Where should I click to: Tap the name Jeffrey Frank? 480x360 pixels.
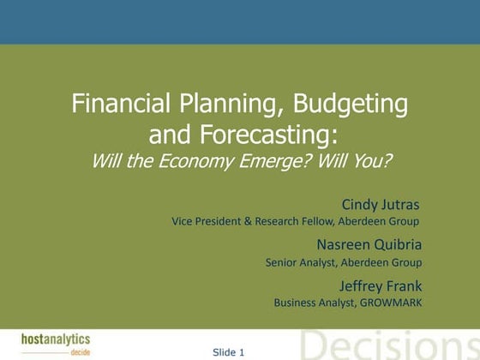pyautogui.click(x=381, y=285)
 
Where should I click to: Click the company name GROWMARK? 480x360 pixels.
pyautogui.click(x=391, y=303)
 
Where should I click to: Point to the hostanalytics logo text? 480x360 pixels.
pyautogui.click(x=56, y=339)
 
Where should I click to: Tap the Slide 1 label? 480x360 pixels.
pyautogui.click(x=229, y=351)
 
